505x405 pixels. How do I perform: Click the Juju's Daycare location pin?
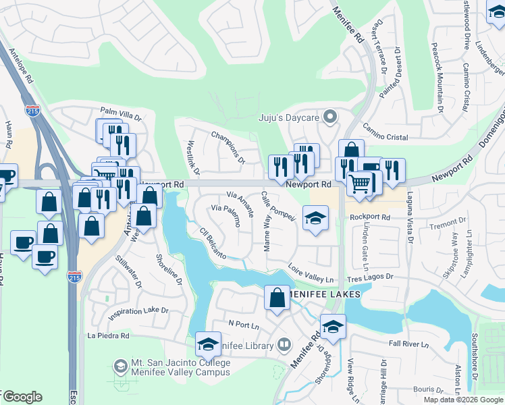[330, 117]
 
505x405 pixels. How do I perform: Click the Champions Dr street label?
[227, 146]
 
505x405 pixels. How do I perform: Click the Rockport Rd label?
[370, 217]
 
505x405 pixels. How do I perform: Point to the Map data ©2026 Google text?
[463, 400]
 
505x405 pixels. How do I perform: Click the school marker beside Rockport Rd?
[315, 219]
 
